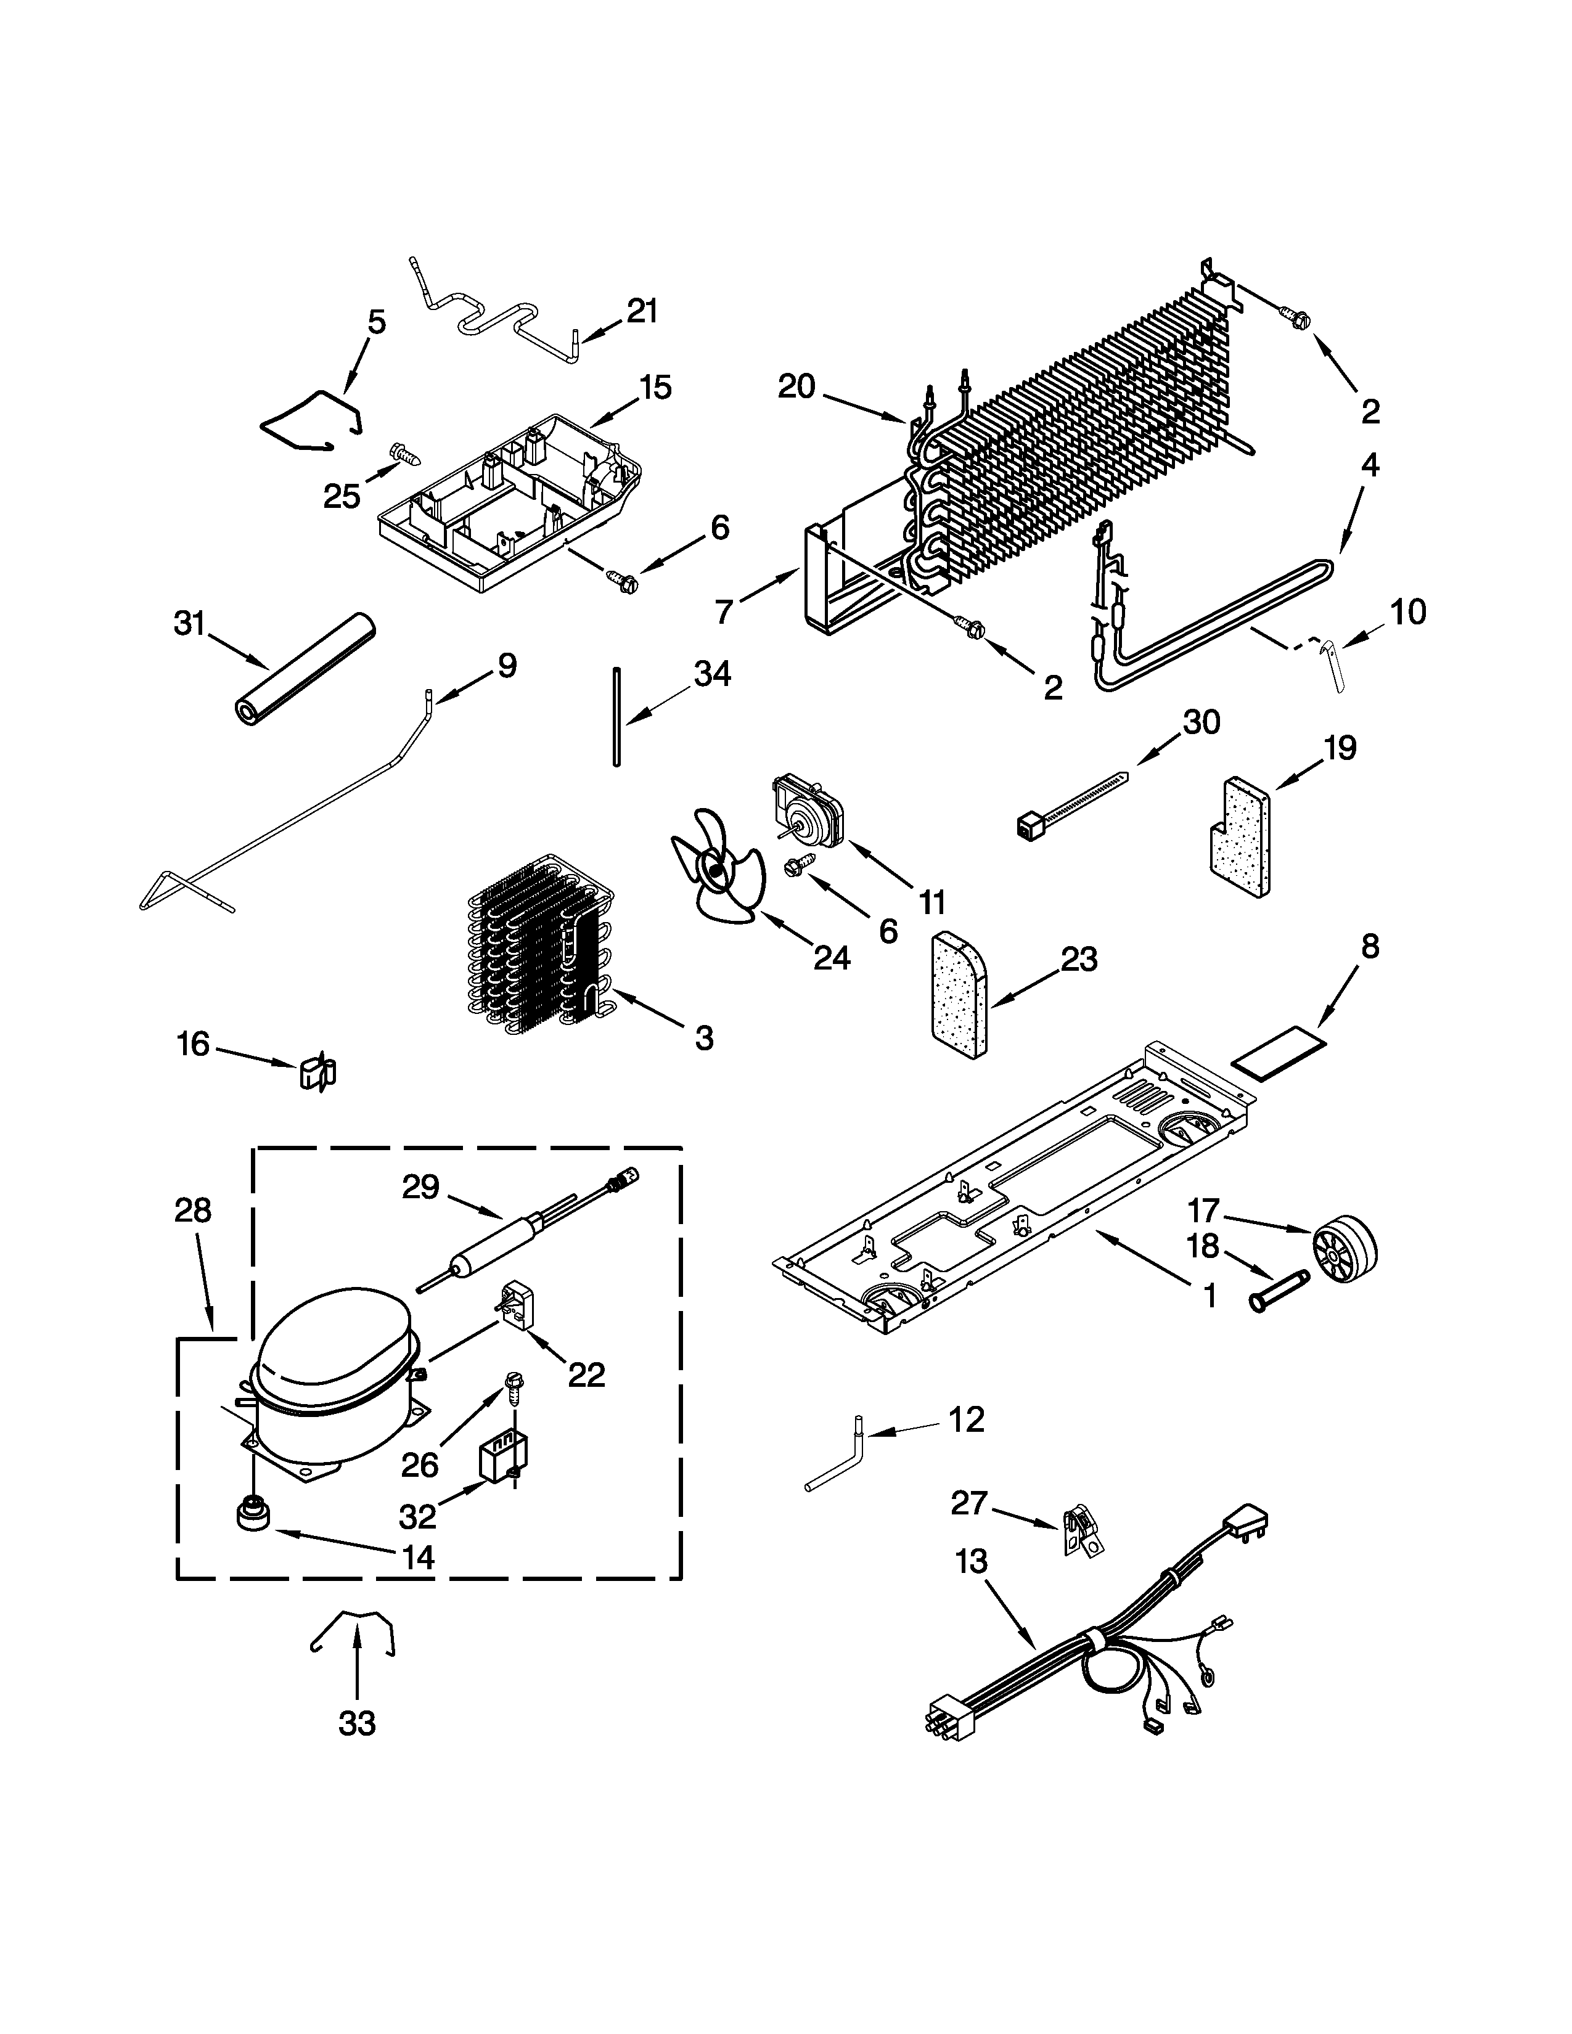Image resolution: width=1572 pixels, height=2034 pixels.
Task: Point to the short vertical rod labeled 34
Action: (x=616, y=716)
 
